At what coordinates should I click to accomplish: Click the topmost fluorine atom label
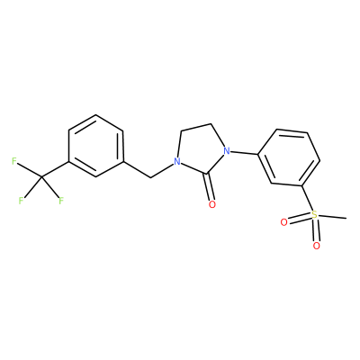point(14,161)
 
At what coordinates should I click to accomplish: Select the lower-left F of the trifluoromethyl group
point(21,201)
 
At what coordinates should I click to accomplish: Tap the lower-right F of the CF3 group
point(61,201)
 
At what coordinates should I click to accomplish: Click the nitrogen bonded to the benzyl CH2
point(177,162)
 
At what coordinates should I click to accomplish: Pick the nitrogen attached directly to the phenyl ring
point(227,150)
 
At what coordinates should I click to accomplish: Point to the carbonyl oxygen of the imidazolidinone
point(212,204)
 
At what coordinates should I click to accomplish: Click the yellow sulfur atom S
point(314,215)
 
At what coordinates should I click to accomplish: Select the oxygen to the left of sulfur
point(283,222)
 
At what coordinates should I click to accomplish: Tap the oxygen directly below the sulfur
point(316,246)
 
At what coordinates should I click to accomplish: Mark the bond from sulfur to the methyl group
point(332,217)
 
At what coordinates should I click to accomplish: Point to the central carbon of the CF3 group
point(41,177)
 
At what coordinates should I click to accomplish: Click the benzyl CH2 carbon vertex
point(150,177)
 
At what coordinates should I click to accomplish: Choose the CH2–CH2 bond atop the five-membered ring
point(196,127)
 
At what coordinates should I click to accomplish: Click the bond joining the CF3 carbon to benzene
point(55,169)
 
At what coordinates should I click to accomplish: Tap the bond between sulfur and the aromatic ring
point(307,198)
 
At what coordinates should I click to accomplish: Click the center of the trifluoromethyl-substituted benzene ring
point(95,146)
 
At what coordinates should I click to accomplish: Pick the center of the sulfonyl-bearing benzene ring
point(289,157)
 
